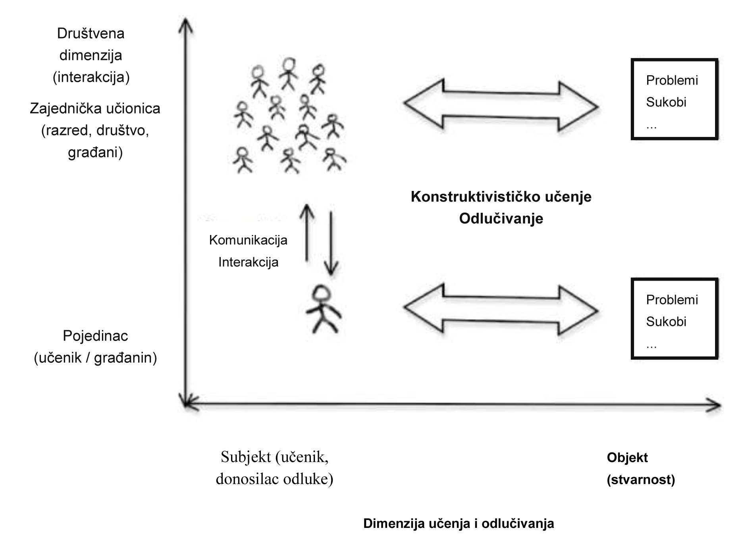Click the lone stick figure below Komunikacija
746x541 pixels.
click(323, 312)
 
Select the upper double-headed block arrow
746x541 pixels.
click(501, 105)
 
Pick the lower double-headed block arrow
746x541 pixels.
click(501, 310)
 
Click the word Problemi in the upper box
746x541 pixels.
click(672, 81)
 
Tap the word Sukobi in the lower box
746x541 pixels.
click(666, 322)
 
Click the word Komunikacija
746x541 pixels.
click(248, 240)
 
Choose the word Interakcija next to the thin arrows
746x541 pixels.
click(248, 262)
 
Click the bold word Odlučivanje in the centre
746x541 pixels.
click(501, 218)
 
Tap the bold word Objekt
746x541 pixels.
click(627, 458)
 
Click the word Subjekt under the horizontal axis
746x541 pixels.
click(245, 457)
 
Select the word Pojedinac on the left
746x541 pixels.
click(95, 336)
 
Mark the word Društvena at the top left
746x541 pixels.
click(91, 33)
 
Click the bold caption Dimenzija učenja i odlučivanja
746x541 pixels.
click(459, 523)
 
